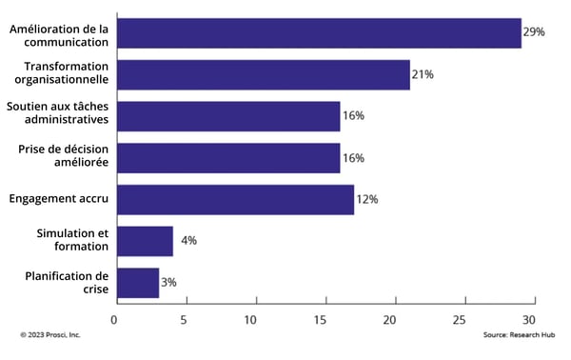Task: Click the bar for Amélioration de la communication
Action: [318, 32]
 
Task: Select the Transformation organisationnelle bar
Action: [263, 74]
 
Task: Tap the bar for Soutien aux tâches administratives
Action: [227, 116]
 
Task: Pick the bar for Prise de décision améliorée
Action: [227, 158]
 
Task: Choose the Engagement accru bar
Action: [234, 200]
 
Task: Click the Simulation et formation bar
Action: [144, 241]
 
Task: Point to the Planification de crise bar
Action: [137, 283]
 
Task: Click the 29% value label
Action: [534, 32]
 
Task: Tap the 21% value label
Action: [423, 74]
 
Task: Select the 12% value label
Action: [367, 200]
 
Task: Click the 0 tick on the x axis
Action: [115, 319]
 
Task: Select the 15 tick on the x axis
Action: [322, 319]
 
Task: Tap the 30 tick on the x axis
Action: [528, 319]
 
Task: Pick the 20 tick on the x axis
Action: [391, 319]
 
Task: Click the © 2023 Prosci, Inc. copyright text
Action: [50, 335]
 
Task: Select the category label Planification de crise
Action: [70, 283]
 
